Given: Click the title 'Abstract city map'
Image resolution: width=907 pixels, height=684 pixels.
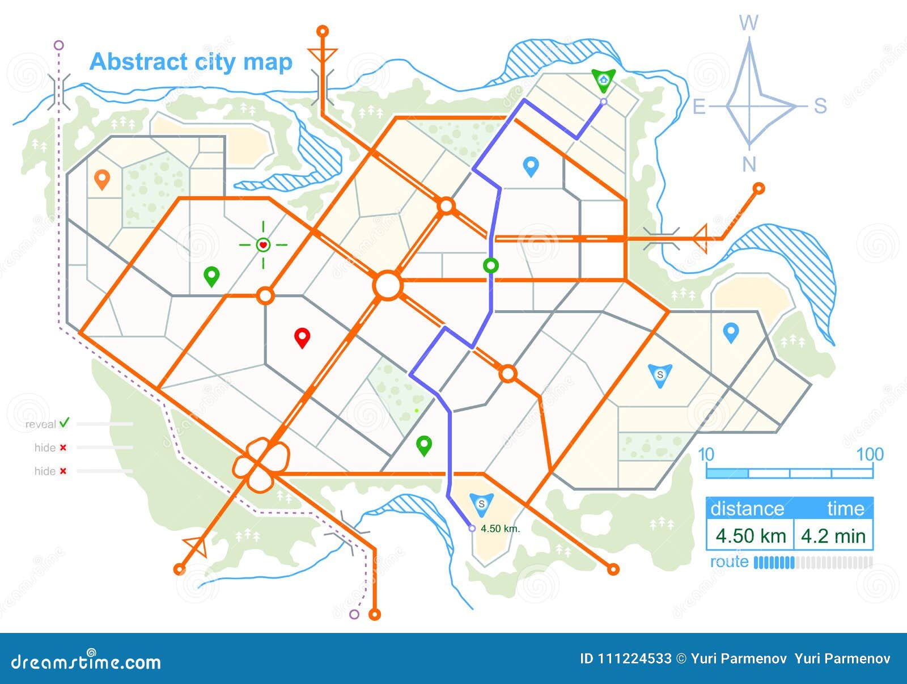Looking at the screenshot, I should (x=191, y=62).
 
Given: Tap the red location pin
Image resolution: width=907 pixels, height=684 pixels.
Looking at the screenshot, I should (x=302, y=337).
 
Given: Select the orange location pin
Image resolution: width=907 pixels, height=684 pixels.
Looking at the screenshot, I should (x=101, y=179).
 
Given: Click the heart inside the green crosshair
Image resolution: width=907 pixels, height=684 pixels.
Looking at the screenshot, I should (x=263, y=245).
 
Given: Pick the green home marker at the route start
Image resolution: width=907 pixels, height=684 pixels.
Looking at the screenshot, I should (x=603, y=80).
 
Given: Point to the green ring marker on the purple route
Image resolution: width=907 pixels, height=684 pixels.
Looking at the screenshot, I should (x=491, y=265).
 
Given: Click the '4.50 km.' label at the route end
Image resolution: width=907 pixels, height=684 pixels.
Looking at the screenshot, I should (x=500, y=529).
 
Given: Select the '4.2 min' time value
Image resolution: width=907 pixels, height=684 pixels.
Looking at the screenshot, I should (x=833, y=536).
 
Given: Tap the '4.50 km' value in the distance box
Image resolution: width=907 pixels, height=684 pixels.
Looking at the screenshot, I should (x=751, y=536).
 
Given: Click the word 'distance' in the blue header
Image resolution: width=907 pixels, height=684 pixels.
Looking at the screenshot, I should (x=747, y=509).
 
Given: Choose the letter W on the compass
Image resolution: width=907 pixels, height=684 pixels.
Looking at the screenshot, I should (x=749, y=23).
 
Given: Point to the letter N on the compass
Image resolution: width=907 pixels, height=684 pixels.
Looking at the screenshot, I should (x=749, y=164).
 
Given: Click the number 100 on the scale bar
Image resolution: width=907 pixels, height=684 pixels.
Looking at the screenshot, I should (x=870, y=454).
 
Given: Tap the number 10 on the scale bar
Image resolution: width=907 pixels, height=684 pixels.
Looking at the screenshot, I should (x=706, y=454).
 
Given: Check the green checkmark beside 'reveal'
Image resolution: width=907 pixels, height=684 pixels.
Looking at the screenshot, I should (x=64, y=423).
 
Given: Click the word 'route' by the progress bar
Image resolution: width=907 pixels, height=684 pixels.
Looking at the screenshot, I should (x=729, y=562).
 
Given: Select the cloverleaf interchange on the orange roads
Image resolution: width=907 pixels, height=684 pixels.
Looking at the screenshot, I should (x=261, y=465).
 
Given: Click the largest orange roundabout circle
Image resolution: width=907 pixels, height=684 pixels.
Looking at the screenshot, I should (x=388, y=285).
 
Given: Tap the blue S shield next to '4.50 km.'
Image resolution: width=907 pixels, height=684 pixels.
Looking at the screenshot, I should (x=481, y=504).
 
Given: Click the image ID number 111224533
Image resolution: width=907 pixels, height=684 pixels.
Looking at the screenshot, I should (x=634, y=658).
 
